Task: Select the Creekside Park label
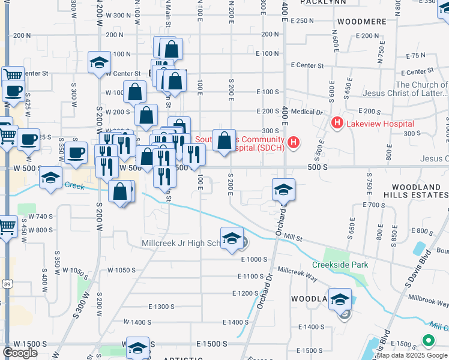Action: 340,265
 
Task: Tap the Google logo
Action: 20,353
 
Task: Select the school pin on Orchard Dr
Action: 283,190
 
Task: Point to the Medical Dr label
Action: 307,112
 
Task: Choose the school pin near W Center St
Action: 98,63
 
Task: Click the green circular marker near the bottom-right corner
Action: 428,341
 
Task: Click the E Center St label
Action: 307,65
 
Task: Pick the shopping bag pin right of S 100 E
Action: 224,142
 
